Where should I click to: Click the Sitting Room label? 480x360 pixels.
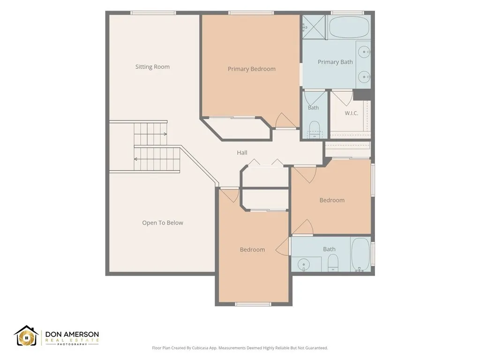pyautogui.click(x=152, y=67)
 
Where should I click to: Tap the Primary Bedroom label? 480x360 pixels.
pyautogui.click(x=252, y=69)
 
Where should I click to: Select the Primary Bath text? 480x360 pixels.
pyautogui.click(x=335, y=62)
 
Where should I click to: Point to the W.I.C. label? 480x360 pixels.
pyautogui.click(x=352, y=113)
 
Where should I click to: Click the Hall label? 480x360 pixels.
pyautogui.click(x=242, y=152)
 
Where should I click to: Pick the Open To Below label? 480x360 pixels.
pyautogui.click(x=163, y=223)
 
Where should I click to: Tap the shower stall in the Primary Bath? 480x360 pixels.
pyautogui.click(x=314, y=27)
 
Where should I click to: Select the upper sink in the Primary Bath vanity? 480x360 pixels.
pyautogui.click(x=364, y=52)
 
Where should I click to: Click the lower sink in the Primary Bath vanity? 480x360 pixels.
pyautogui.click(x=364, y=76)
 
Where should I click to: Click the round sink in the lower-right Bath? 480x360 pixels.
pyautogui.click(x=304, y=264)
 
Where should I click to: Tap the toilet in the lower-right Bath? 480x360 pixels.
pyautogui.click(x=333, y=263)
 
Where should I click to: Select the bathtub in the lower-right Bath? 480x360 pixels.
pyautogui.click(x=360, y=255)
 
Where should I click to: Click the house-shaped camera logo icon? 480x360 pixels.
pyautogui.click(x=27, y=336)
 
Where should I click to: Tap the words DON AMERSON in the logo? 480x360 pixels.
pyautogui.click(x=72, y=334)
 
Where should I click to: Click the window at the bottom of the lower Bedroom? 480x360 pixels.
pyautogui.click(x=253, y=304)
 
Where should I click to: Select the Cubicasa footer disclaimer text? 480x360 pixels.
pyautogui.click(x=240, y=348)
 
